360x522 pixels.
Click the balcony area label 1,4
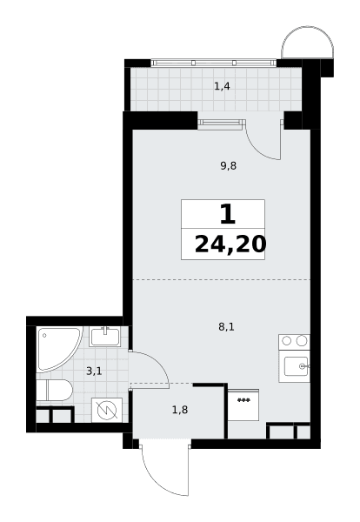click(x=222, y=86)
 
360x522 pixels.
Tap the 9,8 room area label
click(x=228, y=166)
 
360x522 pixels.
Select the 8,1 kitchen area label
click(x=226, y=327)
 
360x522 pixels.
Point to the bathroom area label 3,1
click(x=94, y=371)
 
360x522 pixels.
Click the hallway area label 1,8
click(x=180, y=410)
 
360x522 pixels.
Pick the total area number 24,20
click(x=230, y=244)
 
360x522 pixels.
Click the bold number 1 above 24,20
click(x=228, y=215)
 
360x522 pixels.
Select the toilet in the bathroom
click(x=54, y=390)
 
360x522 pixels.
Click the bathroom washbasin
click(x=105, y=336)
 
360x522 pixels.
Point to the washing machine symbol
click(x=107, y=410)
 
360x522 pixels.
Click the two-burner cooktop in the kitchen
click(x=294, y=342)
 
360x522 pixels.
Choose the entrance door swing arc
click(x=157, y=479)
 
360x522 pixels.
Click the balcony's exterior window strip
click(x=214, y=63)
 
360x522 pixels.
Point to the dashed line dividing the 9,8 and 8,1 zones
click(x=221, y=280)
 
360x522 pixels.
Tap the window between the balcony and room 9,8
click(x=221, y=124)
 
